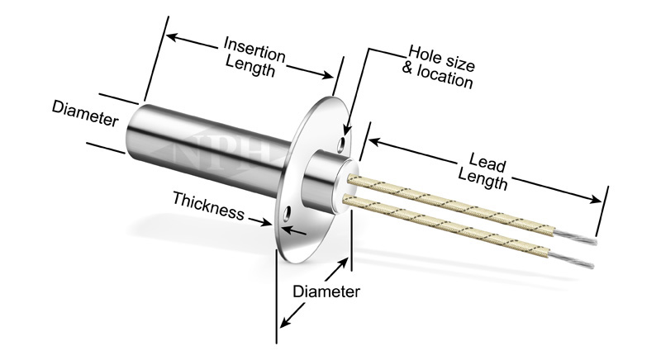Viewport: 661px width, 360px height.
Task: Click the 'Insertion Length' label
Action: (x=254, y=56)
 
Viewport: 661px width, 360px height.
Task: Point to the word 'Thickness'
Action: (x=208, y=206)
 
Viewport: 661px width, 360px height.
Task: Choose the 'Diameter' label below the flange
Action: (x=326, y=291)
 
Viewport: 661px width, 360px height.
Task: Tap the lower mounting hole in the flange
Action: (x=286, y=216)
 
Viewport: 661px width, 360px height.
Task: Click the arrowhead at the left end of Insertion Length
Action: (x=168, y=35)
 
